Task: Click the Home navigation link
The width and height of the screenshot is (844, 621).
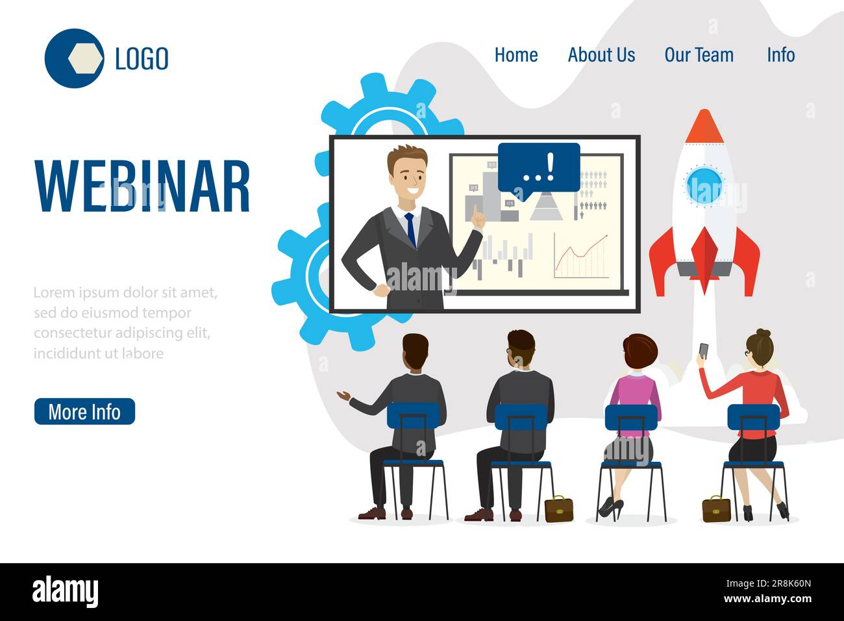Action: tap(515, 55)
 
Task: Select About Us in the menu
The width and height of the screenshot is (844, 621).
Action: tap(601, 55)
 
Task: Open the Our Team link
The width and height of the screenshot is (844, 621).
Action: tap(699, 55)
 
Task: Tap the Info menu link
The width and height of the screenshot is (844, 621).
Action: tap(780, 55)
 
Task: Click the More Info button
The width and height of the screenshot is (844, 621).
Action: tap(84, 412)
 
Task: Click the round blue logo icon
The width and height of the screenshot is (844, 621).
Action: tap(74, 58)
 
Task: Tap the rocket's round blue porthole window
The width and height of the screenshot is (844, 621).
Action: tap(704, 183)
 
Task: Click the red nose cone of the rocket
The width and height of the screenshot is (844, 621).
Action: tap(704, 127)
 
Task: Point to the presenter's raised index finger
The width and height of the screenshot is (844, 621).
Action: tap(475, 212)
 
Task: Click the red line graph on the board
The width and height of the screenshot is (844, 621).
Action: tap(582, 254)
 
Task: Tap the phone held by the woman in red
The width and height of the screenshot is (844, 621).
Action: tap(704, 351)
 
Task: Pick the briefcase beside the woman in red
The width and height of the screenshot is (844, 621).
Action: tap(716, 509)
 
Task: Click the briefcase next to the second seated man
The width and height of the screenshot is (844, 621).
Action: tap(558, 509)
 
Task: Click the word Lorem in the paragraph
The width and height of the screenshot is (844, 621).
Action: tap(51, 292)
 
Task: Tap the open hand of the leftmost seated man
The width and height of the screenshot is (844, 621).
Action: tap(343, 395)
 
